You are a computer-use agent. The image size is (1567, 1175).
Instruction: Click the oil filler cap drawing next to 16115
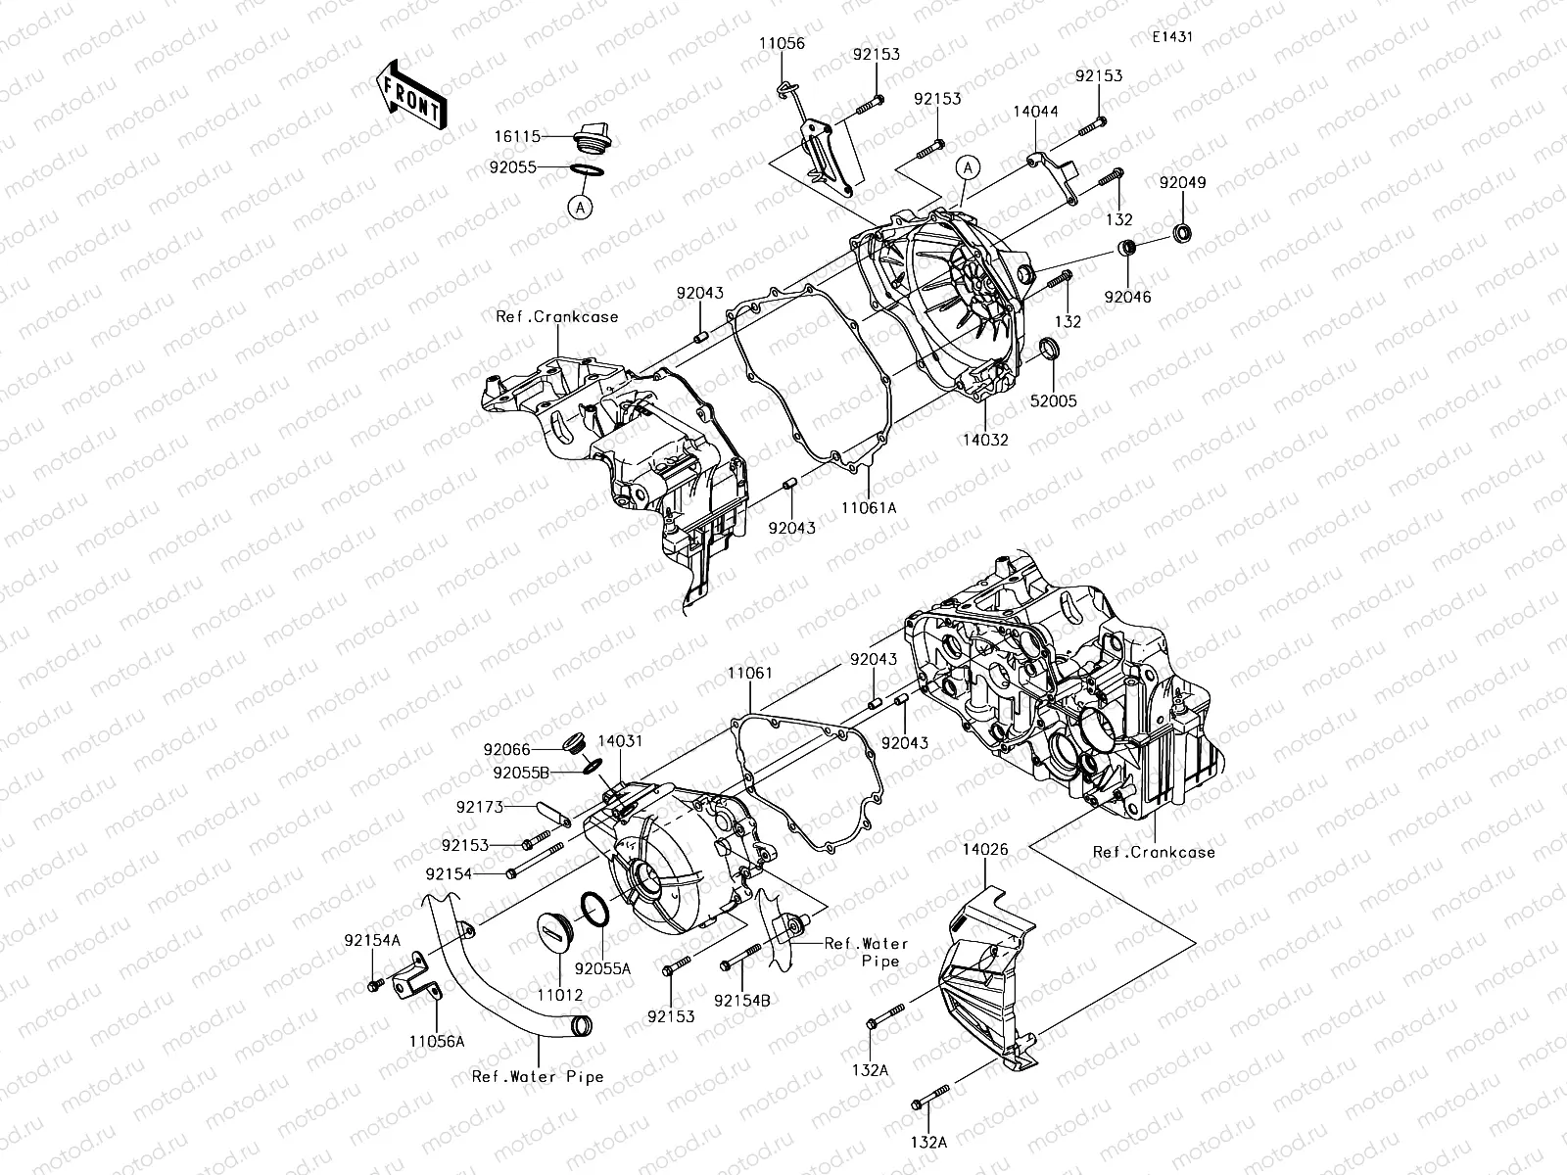591,138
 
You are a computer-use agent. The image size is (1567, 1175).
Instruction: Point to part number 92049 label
1183,183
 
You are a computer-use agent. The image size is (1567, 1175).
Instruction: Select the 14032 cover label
984,441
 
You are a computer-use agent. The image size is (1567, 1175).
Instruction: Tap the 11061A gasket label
870,508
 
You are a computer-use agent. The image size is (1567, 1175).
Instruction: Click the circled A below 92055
580,207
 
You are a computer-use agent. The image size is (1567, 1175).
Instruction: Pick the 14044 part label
1035,112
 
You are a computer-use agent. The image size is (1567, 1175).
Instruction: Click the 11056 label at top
781,43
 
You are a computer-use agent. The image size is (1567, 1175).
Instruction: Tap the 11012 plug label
559,995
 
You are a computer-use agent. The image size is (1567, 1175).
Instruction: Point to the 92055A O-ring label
602,967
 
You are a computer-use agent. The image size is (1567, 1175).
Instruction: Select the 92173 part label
479,808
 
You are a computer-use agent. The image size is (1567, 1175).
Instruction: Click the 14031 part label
620,741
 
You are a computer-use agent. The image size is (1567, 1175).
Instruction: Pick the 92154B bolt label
741,1001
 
